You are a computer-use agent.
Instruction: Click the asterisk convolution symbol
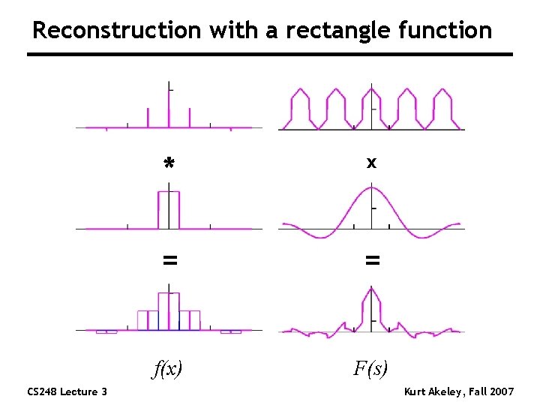169,163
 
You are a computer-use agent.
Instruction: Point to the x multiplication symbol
372,161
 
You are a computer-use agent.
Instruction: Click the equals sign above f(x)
170,260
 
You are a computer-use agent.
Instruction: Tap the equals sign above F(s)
372,260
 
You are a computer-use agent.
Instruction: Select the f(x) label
169,368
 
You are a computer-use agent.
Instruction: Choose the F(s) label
370,368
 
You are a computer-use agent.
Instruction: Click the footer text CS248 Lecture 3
67,391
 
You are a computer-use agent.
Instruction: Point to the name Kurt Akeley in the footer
433,391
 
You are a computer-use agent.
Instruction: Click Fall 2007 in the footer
491,391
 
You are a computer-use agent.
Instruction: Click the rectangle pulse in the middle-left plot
169,209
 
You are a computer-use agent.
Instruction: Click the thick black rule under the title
270,55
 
